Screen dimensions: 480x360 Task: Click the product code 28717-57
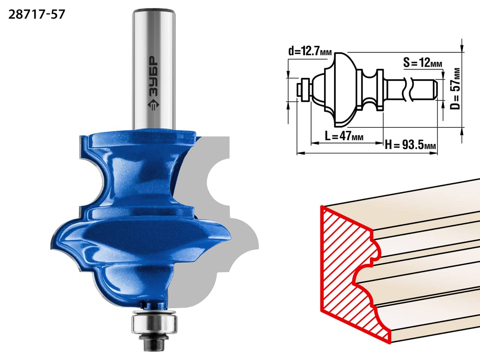[36, 14]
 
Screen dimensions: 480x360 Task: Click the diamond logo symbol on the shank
[154, 105]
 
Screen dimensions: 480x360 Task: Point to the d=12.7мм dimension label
[310, 51]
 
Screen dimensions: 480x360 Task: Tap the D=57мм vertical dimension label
[455, 89]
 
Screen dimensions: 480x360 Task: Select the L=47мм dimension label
[344, 136]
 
